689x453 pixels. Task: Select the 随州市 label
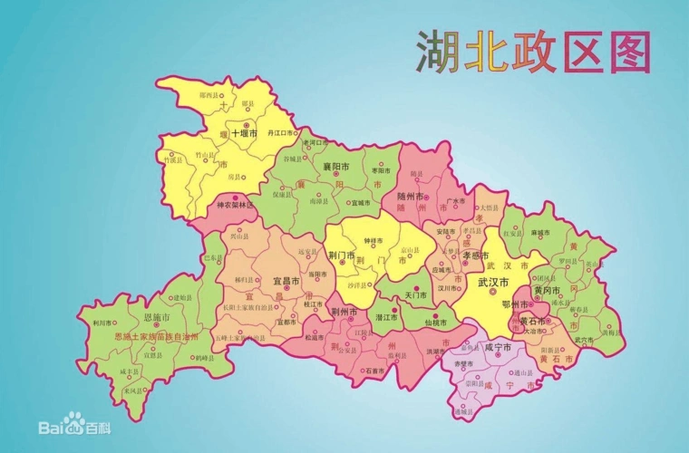click(x=412, y=195)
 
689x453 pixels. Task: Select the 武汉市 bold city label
click(x=495, y=283)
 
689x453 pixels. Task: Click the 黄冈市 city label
click(x=548, y=290)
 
